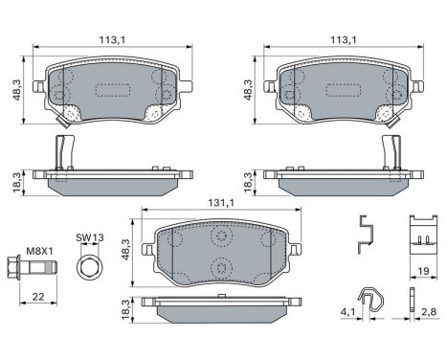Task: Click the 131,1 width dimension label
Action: [x=221, y=203]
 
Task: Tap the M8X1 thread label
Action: [x=39, y=251]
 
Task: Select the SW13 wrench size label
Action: [x=90, y=237]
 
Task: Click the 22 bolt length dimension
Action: [x=38, y=297]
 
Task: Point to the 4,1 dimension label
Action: [x=347, y=312]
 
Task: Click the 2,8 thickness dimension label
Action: [x=429, y=312]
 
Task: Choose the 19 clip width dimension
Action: [x=423, y=271]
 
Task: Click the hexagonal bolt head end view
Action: [x=88, y=266]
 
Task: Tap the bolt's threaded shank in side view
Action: [x=43, y=267]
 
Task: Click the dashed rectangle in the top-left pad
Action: [x=113, y=91]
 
